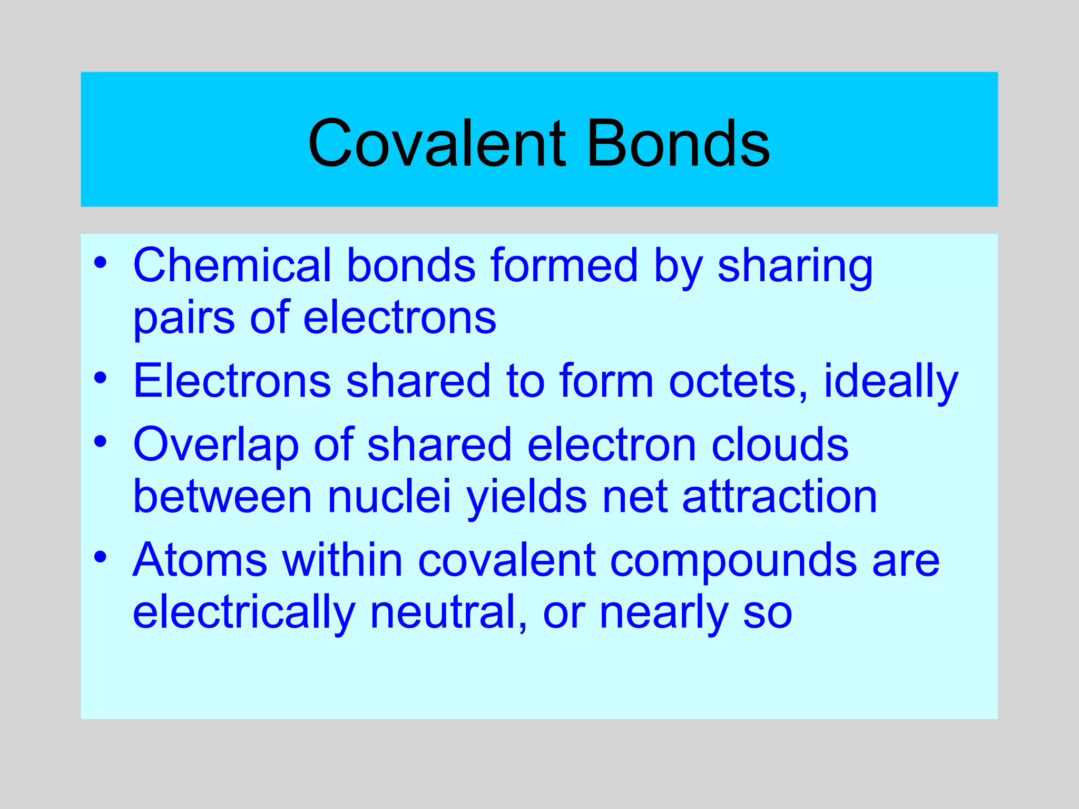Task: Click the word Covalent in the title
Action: click(x=437, y=143)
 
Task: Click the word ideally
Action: click(x=891, y=382)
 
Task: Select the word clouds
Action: click(x=780, y=445)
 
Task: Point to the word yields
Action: click(x=526, y=498)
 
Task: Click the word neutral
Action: click(x=448, y=612)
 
